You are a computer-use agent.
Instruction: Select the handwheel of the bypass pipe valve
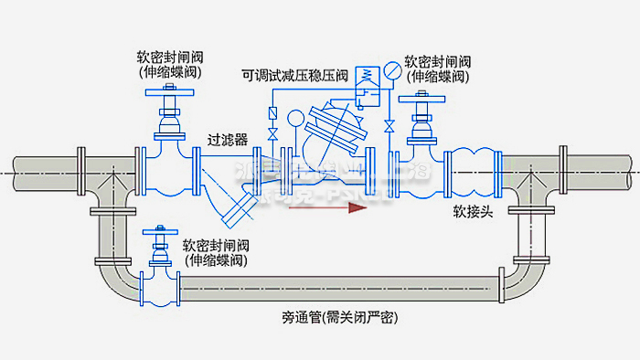tap(163, 228)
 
